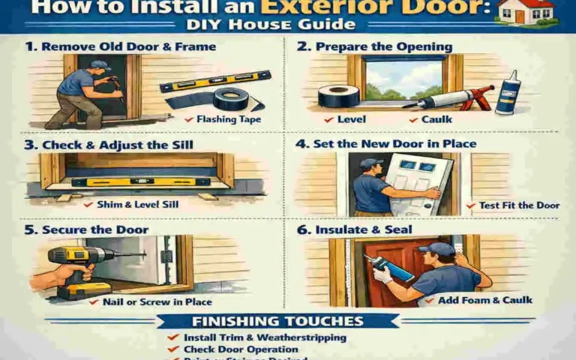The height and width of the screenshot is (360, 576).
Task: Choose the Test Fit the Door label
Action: pos(513,205)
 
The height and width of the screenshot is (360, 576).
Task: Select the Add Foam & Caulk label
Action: pos(484,300)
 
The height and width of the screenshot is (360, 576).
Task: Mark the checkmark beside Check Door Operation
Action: pos(174,349)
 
